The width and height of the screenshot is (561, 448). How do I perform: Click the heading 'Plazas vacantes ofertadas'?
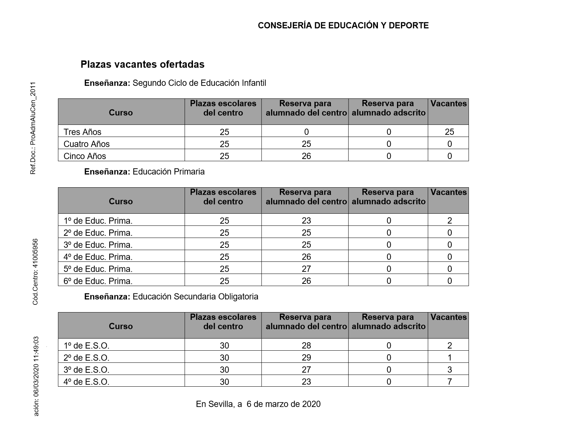coord(142,65)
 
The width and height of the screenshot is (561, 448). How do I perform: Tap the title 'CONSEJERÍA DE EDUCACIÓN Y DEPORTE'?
coord(343,25)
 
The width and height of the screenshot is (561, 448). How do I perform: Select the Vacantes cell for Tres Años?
coord(449,132)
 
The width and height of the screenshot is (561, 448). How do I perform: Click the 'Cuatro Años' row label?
coord(87,144)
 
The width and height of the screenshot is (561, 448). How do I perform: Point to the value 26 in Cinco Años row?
coord(306,156)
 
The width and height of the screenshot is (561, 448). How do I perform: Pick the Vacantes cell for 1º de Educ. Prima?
coord(449,221)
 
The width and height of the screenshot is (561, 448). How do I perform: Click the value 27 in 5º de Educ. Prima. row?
coord(306,269)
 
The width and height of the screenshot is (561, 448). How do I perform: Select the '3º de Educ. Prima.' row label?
coord(98,245)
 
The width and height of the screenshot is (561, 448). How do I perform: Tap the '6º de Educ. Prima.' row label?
coord(98,281)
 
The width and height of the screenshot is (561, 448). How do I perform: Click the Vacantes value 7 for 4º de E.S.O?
coord(449,382)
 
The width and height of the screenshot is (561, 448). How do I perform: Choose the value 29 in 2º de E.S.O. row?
coord(306,358)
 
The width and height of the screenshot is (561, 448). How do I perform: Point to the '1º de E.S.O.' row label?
coord(87,346)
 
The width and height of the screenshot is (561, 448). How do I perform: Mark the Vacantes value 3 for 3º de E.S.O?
coord(449,370)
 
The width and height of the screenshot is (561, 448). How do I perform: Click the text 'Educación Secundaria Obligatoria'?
coord(195,297)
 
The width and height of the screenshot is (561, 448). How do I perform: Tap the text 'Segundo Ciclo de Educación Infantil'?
coord(199,83)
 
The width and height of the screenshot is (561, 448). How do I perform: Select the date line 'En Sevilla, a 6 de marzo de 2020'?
coord(258,404)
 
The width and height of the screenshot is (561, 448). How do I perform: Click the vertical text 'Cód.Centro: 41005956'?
coord(35,272)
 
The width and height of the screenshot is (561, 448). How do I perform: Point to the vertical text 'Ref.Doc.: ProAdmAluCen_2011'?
coord(33,128)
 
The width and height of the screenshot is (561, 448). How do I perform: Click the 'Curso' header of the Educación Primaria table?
coord(121,201)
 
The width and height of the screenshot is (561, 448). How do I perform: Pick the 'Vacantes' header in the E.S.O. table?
coord(448,317)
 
